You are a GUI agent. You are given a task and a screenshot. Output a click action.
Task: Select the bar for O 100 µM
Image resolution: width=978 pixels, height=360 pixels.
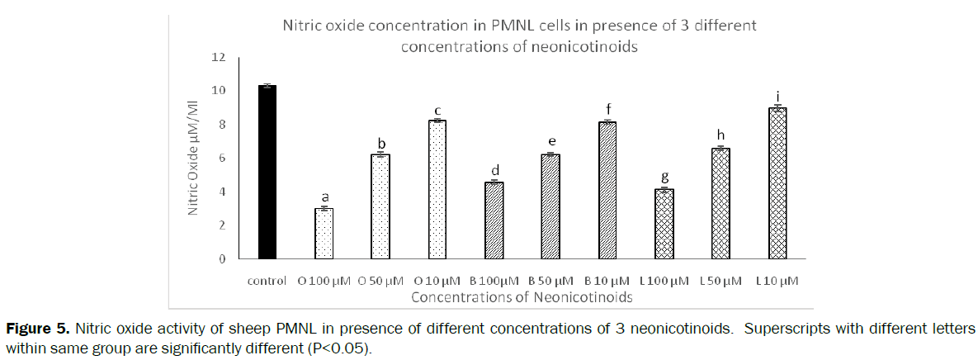point(324,234)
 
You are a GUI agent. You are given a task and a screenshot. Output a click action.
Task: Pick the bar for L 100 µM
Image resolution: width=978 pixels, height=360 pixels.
point(664,224)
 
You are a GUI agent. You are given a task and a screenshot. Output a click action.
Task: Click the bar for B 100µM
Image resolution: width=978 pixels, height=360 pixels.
point(494,220)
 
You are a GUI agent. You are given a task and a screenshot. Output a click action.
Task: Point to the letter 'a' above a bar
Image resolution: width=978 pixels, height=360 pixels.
point(324,197)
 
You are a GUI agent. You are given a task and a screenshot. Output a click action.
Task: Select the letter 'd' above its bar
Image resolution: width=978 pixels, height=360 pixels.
point(494,170)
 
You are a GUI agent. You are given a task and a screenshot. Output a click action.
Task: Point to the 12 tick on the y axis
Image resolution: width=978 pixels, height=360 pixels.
point(218,57)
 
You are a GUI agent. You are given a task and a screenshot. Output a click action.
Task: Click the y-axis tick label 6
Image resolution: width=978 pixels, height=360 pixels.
point(221,158)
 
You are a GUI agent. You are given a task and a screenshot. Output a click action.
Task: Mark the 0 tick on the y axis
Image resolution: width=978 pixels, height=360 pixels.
point(221,258)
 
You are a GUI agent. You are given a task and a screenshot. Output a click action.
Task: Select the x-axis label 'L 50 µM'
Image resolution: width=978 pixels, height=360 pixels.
point(719,281)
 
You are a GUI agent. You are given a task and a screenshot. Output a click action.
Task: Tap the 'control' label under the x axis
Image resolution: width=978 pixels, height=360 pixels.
point(267,281)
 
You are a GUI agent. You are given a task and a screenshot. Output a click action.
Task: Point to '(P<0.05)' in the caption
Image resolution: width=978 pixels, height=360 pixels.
point(340,348)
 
